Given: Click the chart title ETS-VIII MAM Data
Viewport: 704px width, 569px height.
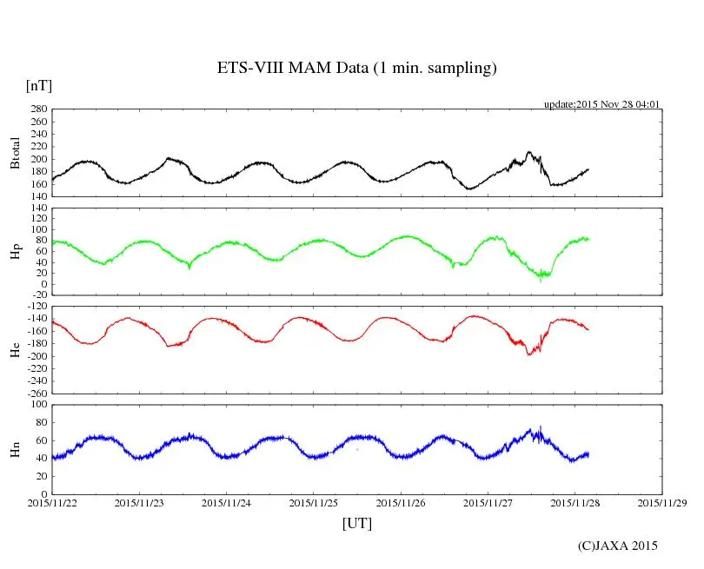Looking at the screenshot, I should [x=356, y=69].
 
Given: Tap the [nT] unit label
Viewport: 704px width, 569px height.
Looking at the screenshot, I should [x=39, y=86].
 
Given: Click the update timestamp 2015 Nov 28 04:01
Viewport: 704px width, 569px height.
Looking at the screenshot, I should [x=602, y=104].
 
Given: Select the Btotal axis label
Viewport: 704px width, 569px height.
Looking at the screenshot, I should [x=15, y=153].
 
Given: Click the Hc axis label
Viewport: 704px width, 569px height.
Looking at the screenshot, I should [x=15, y=350].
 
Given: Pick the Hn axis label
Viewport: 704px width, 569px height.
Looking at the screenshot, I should [x=15, y=448].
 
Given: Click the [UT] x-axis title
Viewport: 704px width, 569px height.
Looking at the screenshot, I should [x=357, y=523].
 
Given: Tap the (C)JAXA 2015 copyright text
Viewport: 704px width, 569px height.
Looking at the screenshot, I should [x=618, y=546].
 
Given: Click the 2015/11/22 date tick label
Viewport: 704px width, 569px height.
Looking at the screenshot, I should [x=52, y=502].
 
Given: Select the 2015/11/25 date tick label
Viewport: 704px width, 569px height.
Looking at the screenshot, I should [x=314, y=502].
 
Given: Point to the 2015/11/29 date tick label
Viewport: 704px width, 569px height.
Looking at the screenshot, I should [x=662, y=502].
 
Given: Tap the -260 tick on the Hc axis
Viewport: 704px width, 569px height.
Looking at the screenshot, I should [x=36, y=393].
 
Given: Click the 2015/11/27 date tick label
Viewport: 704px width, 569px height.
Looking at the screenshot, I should [x=488, y=502].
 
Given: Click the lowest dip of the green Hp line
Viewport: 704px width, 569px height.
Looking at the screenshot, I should [x=540, y=280].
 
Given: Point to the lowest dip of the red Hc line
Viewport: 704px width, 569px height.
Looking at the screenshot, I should [x=528, y=354].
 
